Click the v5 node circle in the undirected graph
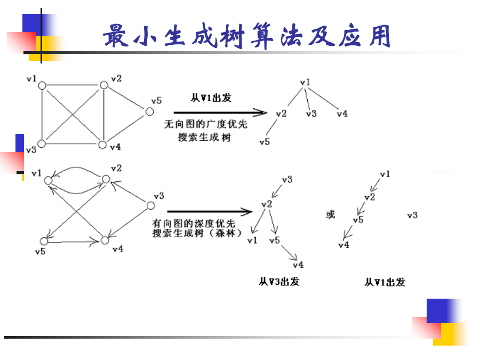pos(149,112)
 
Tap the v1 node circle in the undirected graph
pos(42,85)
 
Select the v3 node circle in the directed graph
pos(150,206)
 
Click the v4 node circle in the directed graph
pos(105,241)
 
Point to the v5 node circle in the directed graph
pos(44,241)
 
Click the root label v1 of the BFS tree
pos(305,82)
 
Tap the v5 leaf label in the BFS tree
pos(265,142)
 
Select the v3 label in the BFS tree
pos(311,114)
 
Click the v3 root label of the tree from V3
pos(287,179)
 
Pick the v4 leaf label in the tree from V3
pos(298,265)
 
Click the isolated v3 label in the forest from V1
pos(412,215)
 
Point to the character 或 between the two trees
pos(331,214)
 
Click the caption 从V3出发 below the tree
pos(279,281)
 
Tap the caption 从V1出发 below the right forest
pos(385,282)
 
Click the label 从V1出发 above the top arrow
pos(211,98)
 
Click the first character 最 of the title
pos(116,36)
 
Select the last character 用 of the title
pos(380,36)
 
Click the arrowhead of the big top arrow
pos(261,113)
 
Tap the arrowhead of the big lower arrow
pos(247,212)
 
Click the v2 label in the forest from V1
pos(370,197)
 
